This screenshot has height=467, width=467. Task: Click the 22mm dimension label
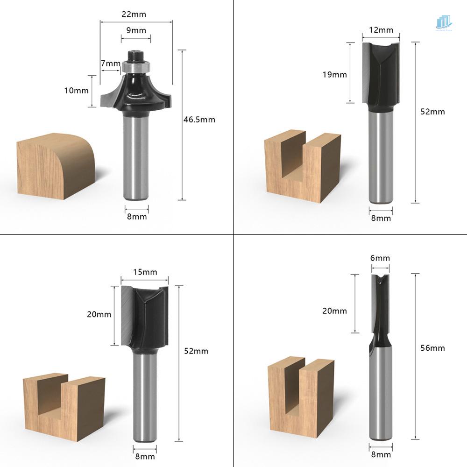[x=134, y=14]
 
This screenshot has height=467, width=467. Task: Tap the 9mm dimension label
[x=136, y=30]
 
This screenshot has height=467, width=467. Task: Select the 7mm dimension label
[x=110, y=63]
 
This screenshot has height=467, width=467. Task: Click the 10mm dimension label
[x=76, y=91]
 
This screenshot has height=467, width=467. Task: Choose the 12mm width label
[x=381, y=30]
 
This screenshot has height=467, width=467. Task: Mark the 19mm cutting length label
[x=334, y=74]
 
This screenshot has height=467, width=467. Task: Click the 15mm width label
[x=145, y=272]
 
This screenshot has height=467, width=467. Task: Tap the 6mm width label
[x=380, y=258]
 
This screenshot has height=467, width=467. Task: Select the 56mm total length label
[x=432, y=348]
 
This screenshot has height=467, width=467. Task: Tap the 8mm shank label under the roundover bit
[x=137, y=216]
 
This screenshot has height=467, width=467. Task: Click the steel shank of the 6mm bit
[x=381, y=397]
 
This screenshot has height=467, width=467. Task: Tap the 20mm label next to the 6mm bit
[x=334, y=311]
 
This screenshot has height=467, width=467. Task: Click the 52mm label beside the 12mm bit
[x=432, y=112]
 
